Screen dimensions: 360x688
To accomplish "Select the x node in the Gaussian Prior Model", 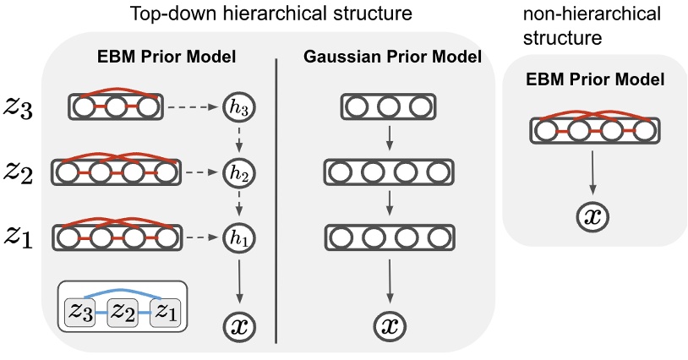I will coord(389,325).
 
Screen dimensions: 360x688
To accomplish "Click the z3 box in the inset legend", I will coord(83,312).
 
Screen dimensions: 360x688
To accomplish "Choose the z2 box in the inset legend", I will coord(123,312).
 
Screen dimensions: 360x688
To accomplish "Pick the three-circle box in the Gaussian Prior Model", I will coord(389,107).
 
